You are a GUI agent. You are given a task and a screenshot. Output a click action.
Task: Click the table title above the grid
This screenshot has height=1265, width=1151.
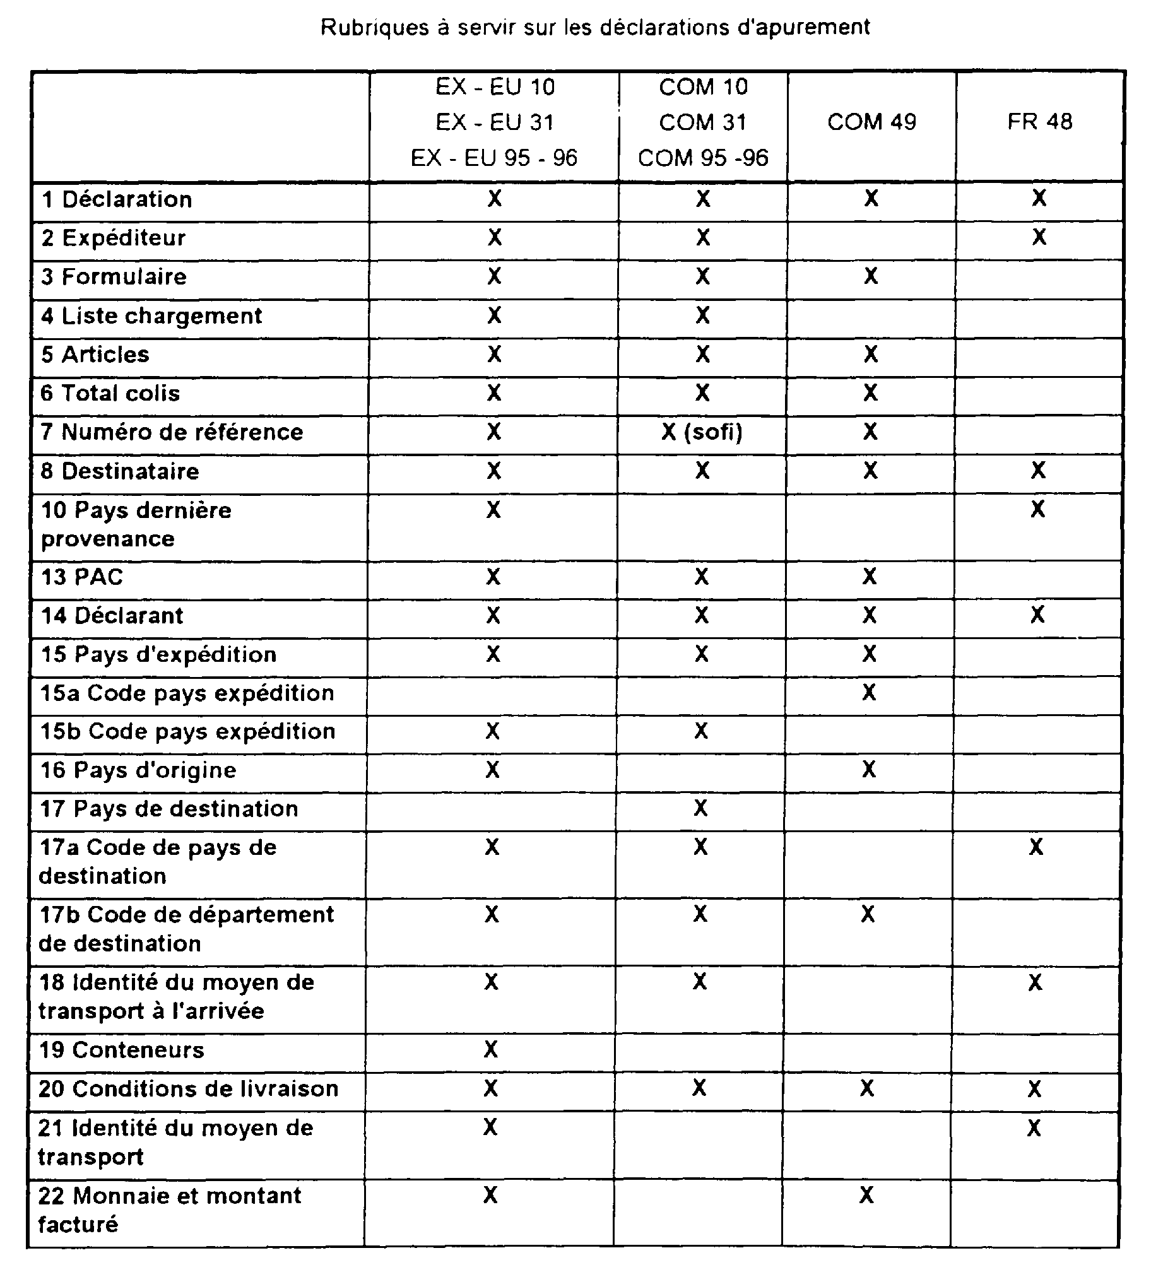(x=595, y=28)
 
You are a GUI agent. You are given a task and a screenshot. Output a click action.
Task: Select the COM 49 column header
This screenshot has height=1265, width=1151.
(x=871, y=122)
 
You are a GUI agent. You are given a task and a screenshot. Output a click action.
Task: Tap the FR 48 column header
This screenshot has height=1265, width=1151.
(x=1039, y=122)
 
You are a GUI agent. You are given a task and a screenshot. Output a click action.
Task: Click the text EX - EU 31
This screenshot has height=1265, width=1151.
(x=495, y=122)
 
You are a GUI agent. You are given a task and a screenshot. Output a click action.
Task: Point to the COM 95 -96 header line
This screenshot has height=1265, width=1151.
(x=703, y=158)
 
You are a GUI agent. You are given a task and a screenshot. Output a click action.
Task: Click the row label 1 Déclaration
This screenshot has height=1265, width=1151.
(x=117, y=199)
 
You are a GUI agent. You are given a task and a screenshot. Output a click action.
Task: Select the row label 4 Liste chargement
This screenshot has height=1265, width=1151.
(x=151, y=315)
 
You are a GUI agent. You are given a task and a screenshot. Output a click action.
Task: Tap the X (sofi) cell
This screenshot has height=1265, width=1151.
(x=702, y=432)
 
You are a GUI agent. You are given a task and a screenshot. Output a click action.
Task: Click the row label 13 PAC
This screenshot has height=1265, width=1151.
(x=82, y=577)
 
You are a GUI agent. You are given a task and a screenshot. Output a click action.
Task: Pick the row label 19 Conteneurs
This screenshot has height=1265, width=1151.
(x=122, y=1050)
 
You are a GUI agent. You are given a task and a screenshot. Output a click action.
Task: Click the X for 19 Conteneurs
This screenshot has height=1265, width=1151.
(x=491, y=1049)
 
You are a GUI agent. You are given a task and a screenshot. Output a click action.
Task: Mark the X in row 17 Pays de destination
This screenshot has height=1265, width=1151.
(x=700, y=808)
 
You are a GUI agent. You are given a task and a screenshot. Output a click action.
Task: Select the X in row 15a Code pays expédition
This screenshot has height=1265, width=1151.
(x=869, y=693)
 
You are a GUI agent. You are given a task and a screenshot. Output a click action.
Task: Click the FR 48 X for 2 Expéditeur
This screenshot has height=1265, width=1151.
(x=1039, y=237)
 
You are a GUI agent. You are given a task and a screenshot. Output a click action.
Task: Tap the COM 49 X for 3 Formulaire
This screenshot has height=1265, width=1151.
(x=871, y=276)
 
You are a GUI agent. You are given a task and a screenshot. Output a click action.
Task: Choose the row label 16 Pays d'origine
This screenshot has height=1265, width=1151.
(x=138, y=770)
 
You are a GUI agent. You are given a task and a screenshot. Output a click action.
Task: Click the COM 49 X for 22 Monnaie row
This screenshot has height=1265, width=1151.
(x=867, y=1194)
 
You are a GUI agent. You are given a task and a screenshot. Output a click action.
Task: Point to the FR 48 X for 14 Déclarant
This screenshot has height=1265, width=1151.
(x=1037, y=615)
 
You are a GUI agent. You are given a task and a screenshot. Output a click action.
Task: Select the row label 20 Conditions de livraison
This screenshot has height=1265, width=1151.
(x=189, y=1088)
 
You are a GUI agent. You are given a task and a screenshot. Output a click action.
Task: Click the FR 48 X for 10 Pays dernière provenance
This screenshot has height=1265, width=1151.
(x=1037, y=509)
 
